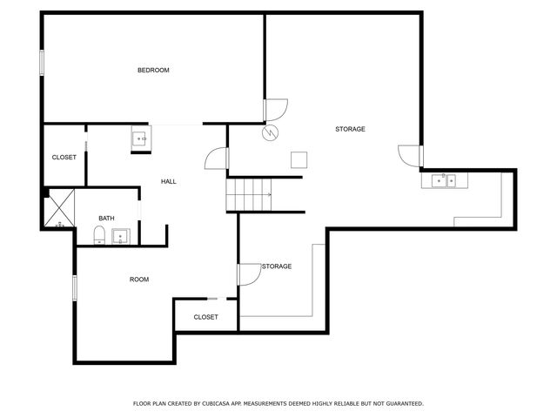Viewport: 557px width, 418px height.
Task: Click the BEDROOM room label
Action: point(153,71)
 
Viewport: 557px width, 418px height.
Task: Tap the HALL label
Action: point(168,181)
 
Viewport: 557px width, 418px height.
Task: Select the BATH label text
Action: point(106,219)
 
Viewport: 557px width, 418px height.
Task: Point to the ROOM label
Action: point(139,280)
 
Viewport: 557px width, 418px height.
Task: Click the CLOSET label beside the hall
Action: point(64,158)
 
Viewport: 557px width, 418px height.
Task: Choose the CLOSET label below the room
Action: point(205,317)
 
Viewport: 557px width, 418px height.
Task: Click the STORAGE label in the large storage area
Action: point(350,129)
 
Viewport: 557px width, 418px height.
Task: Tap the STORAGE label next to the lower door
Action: point(277,266)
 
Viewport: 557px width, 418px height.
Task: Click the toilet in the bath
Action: point(99,235)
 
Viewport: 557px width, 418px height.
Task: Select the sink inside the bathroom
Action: point(120,235)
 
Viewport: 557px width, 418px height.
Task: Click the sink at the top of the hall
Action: point(141,138)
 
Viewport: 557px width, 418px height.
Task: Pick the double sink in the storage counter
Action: point(445,181)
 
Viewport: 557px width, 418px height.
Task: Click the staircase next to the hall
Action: point(249,193)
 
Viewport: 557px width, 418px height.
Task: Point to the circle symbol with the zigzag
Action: point(271,132)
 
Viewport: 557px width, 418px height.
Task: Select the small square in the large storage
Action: point(299,159)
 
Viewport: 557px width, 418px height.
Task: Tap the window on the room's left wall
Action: point(75,287)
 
